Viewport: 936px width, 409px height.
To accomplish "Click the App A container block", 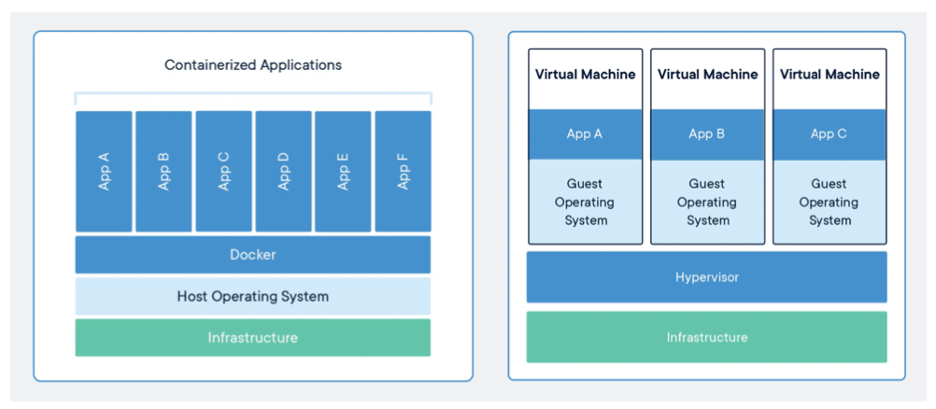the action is coord(104,172).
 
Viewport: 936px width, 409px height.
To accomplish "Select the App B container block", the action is coord(163,172).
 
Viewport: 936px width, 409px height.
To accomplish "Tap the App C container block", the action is coord(224,172).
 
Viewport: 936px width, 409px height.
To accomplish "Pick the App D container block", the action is coord(284,172).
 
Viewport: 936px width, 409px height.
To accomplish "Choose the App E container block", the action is coord(343,172).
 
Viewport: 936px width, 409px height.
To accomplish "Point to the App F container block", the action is coord(403,172).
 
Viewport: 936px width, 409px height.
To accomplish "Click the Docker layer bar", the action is coord(253,255).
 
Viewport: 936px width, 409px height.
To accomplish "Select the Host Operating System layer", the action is coord(253,296).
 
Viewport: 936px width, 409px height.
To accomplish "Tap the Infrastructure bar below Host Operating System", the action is coord(253,337).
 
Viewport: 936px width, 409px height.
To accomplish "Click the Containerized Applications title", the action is coord(253,64).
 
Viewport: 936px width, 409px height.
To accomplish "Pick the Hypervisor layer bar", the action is coord(707,277).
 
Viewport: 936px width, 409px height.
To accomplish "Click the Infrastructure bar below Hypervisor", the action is coord(707,337).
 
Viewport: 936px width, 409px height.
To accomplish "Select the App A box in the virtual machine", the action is coord(585,134).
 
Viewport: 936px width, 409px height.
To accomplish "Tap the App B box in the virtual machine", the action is coord(707,134).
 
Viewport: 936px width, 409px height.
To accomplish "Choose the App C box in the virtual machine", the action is coord(830,134).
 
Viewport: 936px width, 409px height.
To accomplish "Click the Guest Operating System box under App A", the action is coord(585,202).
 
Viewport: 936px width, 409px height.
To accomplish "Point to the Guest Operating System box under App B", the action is coord(707,202).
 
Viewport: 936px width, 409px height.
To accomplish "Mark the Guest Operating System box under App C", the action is coord(830,202).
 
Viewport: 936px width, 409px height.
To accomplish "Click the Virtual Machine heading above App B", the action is coord(707,75).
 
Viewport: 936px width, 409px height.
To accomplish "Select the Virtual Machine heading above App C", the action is coord(830,75).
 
